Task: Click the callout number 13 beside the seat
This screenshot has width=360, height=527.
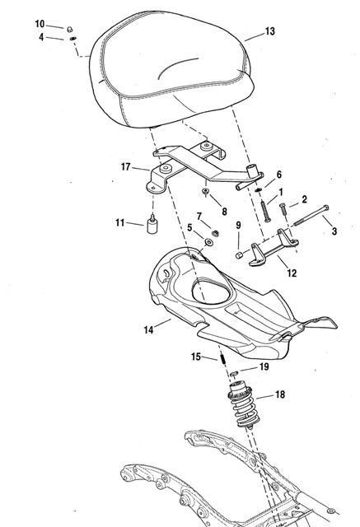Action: (270, 31)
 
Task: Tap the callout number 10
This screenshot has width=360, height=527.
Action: (40, 24)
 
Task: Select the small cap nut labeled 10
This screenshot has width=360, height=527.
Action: (70, 30)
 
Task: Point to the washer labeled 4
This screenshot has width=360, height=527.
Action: (72, 39)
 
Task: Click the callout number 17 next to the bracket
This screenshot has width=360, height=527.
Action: (126, 166)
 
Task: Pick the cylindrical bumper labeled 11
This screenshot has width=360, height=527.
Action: (152, 225)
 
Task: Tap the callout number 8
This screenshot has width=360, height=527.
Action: (224, 212)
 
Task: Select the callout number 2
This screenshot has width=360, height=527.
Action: (304, 199)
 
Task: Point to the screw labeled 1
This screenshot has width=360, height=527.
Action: (265, 211)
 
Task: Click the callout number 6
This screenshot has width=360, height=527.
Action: (279, 175)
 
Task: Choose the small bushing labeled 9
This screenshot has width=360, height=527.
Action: (239, 255)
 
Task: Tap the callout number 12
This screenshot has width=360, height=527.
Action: (292, 273)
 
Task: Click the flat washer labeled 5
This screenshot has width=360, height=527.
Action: (208, 242)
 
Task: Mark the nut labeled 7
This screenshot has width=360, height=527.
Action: (216, 232)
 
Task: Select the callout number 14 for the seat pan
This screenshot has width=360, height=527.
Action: (148, 330)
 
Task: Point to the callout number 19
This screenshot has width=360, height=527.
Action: (264, 366)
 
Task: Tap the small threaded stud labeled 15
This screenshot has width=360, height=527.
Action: (222, 358)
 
